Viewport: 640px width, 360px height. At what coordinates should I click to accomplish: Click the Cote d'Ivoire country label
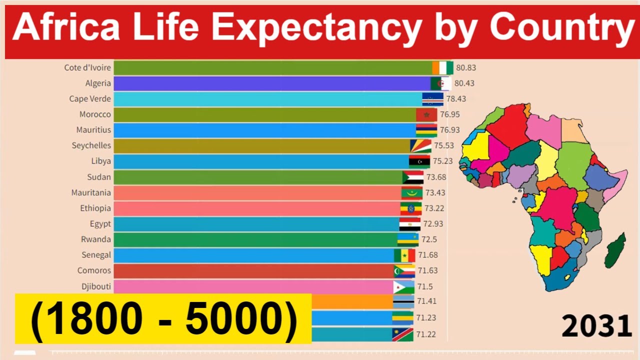87,67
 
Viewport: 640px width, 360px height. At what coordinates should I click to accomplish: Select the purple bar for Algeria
270,83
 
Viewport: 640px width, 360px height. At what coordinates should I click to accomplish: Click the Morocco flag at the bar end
426,115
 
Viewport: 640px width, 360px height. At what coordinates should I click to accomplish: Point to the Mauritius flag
426,130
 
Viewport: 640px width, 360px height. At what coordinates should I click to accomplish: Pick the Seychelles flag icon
420,146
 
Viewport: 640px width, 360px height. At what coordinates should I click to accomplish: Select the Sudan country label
99,177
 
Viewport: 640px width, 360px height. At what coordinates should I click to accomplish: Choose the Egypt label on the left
100,224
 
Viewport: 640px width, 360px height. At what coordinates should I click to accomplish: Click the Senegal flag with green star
404,255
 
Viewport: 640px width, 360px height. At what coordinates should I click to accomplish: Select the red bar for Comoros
250,271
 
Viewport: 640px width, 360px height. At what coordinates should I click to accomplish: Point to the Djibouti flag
404,286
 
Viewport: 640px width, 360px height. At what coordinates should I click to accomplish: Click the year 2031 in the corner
596,327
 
